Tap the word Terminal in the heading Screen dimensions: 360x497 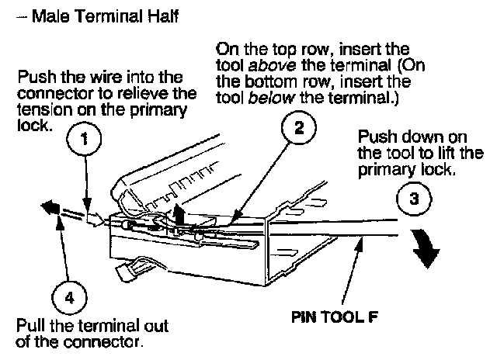[x=105, y=15]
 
